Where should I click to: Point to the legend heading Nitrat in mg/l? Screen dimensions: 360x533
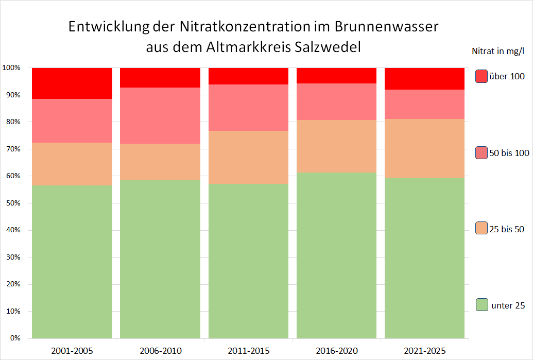[497, 51]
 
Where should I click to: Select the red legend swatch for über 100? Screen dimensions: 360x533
[482, 76]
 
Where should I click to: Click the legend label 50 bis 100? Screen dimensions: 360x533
[509, 153]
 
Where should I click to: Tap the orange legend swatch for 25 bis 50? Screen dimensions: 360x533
[482, 229]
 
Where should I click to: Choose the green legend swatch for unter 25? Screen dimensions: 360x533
[482, 305]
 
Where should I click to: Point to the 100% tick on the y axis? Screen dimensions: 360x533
[11, 68]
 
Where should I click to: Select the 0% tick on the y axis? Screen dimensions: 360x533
[14, 338]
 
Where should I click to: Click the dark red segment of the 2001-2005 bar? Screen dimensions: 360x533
[72, 83]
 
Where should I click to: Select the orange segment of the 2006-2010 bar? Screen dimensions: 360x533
[160, 162]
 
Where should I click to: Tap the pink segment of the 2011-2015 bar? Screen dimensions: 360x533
[249, 108]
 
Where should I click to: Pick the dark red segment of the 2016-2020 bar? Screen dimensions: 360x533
[337, 75]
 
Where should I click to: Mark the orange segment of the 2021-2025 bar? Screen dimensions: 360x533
[425, 148]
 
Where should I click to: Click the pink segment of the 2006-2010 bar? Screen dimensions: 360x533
[160, 115]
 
